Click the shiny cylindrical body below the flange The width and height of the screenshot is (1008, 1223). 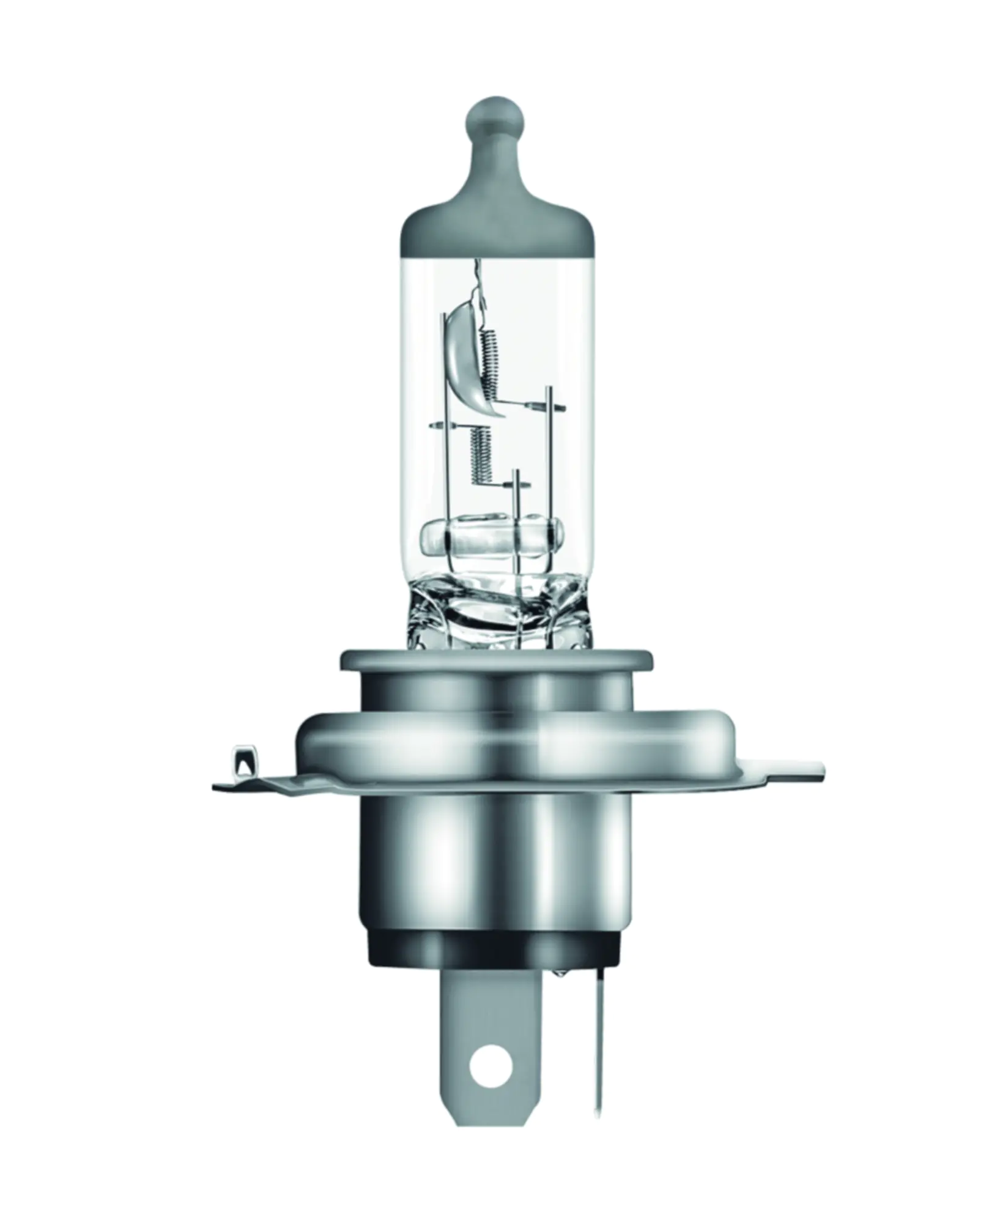click(x=495, y=856)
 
